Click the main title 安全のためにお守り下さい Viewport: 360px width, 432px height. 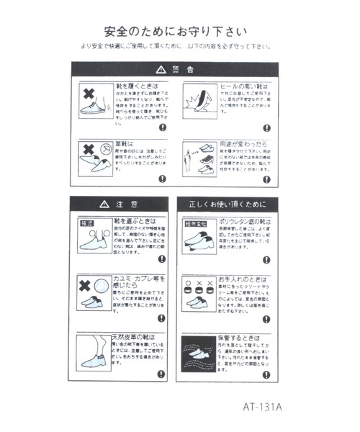coord(175,32)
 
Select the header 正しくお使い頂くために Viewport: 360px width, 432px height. coord(228,204)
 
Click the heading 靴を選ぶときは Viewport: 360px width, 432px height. coord(136,221)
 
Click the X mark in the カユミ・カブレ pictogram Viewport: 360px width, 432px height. coord(86,283)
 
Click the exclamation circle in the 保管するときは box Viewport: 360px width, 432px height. coord(266,374)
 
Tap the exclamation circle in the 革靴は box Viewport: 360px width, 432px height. coord(163,179)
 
